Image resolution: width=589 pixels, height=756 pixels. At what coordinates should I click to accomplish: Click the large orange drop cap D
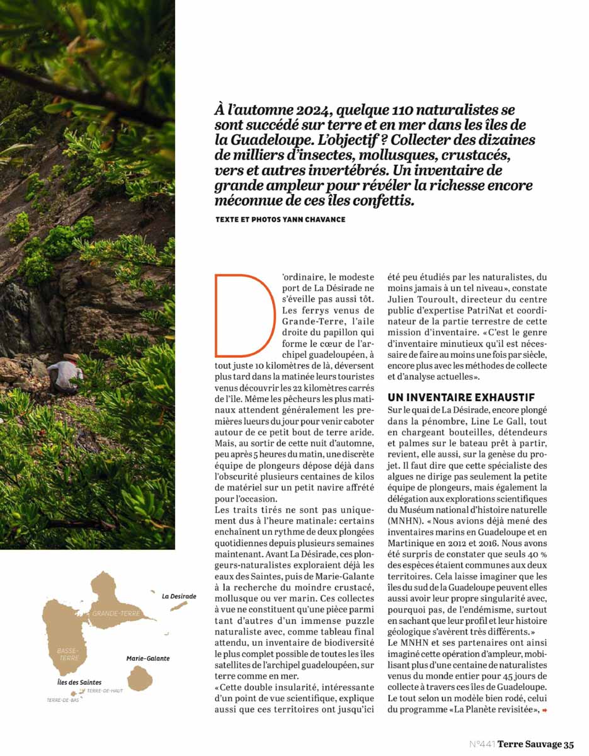point(244,315)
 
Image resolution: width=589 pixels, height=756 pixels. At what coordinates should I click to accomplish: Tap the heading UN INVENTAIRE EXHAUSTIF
point(461,398)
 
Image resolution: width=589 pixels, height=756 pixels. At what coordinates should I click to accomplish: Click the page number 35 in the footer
point(569,744)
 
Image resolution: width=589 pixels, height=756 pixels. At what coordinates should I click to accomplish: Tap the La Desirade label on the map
point(179,596)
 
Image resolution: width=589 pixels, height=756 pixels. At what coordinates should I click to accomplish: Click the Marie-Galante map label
point(148,658)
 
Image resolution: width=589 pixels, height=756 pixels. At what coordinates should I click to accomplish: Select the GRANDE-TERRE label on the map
point(116,613)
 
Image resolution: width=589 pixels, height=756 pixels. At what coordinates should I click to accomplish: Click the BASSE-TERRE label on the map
point(67,653)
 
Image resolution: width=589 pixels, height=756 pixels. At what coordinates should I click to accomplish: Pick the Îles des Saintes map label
point(75,682)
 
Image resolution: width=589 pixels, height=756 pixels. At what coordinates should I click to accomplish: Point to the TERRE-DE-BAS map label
point(63,700)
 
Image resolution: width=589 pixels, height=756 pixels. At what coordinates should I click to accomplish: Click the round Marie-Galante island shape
point(140,679)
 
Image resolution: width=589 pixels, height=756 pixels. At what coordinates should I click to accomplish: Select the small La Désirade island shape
point(178,606)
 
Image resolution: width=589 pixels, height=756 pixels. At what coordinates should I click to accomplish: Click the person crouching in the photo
point(65,374)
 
